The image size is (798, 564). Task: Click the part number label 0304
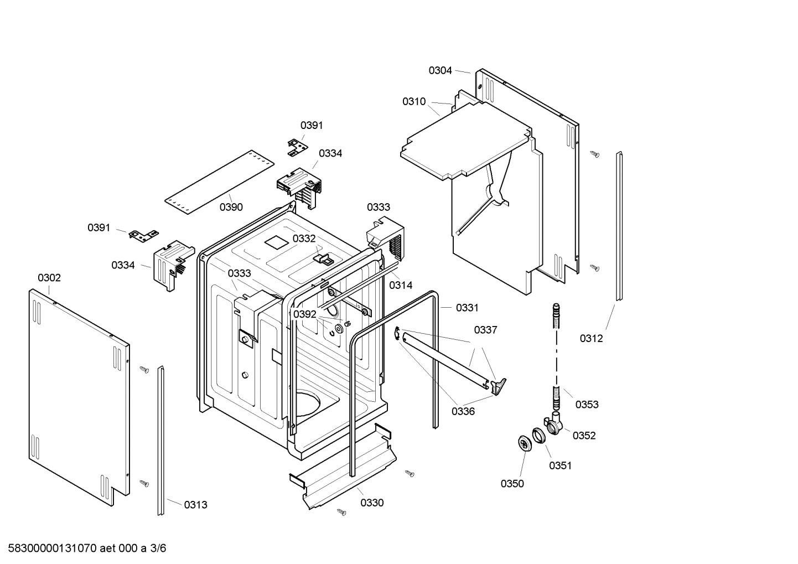tap(440, 70)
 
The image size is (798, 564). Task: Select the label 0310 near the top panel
tap(414, 101)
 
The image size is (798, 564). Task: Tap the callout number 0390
tap(231, 207)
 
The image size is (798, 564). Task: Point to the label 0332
tap(304, 239)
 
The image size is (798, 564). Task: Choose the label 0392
tap(304, 314)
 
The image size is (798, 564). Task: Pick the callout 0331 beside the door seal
tap(467, 308)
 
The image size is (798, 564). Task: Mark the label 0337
tap(485, 330)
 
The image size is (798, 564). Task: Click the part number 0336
tap(463, 411)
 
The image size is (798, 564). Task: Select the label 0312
tap(591, 338)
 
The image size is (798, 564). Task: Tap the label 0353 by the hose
tap(587, 405)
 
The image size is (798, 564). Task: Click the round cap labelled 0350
tap(523, 443)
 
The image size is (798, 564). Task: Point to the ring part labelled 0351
tap(539, 436)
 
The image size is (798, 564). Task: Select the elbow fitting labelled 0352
tap(554, 424)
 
